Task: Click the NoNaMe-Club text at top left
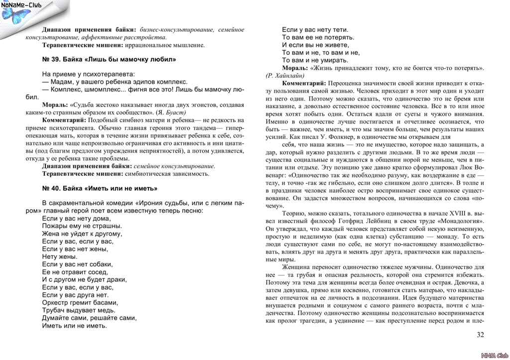click(21, 5)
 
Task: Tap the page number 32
click(480, 335)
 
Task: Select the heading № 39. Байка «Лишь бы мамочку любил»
click(109, 59)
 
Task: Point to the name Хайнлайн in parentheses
click(283, 75)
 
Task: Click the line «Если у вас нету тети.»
click(315, 29)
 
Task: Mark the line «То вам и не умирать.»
click(315, 60)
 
